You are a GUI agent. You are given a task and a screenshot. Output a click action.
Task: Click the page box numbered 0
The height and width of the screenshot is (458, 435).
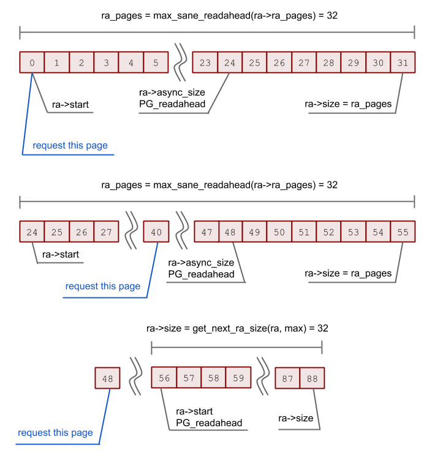point(32,63)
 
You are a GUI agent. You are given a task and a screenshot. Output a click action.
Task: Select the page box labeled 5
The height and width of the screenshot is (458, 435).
point(156,63)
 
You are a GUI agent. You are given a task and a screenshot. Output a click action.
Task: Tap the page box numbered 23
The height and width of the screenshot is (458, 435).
point(205,63)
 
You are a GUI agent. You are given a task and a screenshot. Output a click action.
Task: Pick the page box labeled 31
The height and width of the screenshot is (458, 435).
point(403,63)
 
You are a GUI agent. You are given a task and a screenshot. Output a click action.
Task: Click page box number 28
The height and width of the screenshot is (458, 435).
point(329,63)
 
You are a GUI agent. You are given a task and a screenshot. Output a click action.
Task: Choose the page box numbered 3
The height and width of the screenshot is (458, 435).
point(106,63)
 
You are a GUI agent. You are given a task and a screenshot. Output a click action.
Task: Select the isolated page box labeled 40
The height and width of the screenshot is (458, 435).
point(156,232)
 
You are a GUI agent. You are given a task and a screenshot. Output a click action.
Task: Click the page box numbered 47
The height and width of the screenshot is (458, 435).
point(206,232)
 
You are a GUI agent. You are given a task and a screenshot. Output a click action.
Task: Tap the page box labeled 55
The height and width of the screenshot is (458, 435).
point(403,232)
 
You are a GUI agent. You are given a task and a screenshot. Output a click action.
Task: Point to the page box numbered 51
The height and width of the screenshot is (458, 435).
point(304,232)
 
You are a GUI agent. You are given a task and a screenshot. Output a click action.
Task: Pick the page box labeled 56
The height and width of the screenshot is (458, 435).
point(164,378)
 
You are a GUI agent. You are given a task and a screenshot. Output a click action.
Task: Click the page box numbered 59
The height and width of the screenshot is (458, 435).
point(238,378)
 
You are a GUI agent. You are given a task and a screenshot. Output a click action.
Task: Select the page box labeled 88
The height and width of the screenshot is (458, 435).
point(312,378)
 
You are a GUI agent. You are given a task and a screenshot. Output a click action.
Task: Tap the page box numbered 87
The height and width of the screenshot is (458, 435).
point(287,378)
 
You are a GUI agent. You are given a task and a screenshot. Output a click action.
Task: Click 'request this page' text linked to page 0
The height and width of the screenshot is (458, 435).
point(70,145)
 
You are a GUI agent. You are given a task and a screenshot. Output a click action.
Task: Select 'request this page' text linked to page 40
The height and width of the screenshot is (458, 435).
point(102,286)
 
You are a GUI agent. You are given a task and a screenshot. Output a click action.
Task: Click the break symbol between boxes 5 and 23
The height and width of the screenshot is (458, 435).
point(180,63)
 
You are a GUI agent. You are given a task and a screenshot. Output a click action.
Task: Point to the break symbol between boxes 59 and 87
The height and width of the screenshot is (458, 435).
point(263,378)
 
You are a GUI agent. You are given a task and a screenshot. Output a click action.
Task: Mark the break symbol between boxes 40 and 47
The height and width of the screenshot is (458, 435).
point(181,231)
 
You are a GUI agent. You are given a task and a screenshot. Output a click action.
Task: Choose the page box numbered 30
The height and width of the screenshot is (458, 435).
point(378,63)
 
